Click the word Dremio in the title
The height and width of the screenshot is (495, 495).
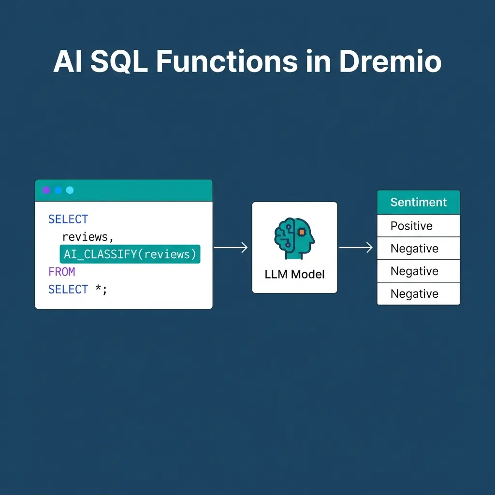390,62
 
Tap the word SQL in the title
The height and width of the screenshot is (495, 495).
119,62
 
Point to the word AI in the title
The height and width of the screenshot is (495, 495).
68,62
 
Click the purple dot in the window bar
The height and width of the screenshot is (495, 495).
46,190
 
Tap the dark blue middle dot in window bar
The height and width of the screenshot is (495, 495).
58,190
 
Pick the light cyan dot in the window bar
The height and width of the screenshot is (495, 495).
70,190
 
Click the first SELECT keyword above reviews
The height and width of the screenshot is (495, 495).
68,219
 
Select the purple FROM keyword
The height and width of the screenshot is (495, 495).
61,272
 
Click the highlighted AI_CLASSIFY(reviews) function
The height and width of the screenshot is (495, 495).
130,254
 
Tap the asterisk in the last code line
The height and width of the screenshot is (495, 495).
98,289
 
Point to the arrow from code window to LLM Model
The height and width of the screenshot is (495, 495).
231,247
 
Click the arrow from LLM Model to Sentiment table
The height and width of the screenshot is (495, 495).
356,247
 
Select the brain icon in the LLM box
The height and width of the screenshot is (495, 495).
294,236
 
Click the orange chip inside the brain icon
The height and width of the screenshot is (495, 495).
302,233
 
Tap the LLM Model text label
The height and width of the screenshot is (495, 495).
294,275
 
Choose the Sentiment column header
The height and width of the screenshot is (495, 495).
418,202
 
